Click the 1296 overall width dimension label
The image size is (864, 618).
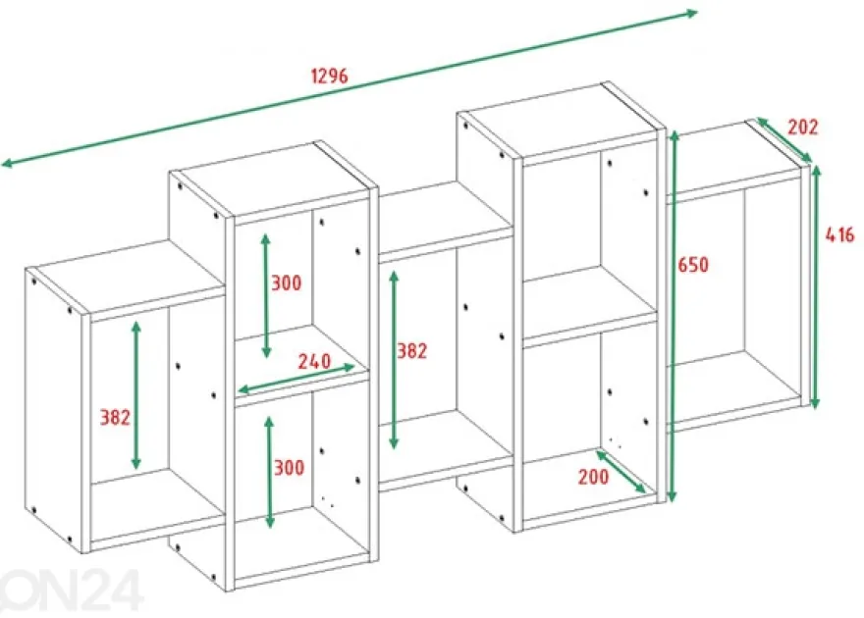pyautogui.click(x=330, y=76)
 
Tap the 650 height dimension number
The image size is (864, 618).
pyautogui.click(x=692, y=265)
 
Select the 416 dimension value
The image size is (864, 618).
pyautogui.click(x=839, y=235)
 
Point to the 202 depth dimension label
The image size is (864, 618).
pyautogui.click(x=802, y=128)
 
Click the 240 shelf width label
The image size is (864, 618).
pyautogui.click(x=314, y=361)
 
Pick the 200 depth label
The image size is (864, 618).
pyautogui.click(x=593, y=477)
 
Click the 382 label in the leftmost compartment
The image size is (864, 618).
pyautogui.click(x=115, y=418)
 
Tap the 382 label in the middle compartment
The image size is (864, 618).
pyautogui.click(x=412, y=350)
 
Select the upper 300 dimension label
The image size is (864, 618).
pyautogui.click(x=286, y=283)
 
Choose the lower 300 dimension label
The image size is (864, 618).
pyautogui.click(x=289, y=468)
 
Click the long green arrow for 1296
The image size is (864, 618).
pyautogui.click(x=350, y=87)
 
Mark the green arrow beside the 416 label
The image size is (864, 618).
pyautogui.click(x=816, y=286)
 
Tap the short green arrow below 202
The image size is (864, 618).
pyautogui.click(x=784, y=140)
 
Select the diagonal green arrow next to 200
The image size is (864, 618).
pyautogui.click(x=621, y=472)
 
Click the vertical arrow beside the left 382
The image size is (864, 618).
pyautogui.click(x=136, y=395)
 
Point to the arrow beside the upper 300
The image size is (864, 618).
pyautogui.click(x=266, y=295)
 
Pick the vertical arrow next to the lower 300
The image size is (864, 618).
pyautogui.click(x=269, y=472)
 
